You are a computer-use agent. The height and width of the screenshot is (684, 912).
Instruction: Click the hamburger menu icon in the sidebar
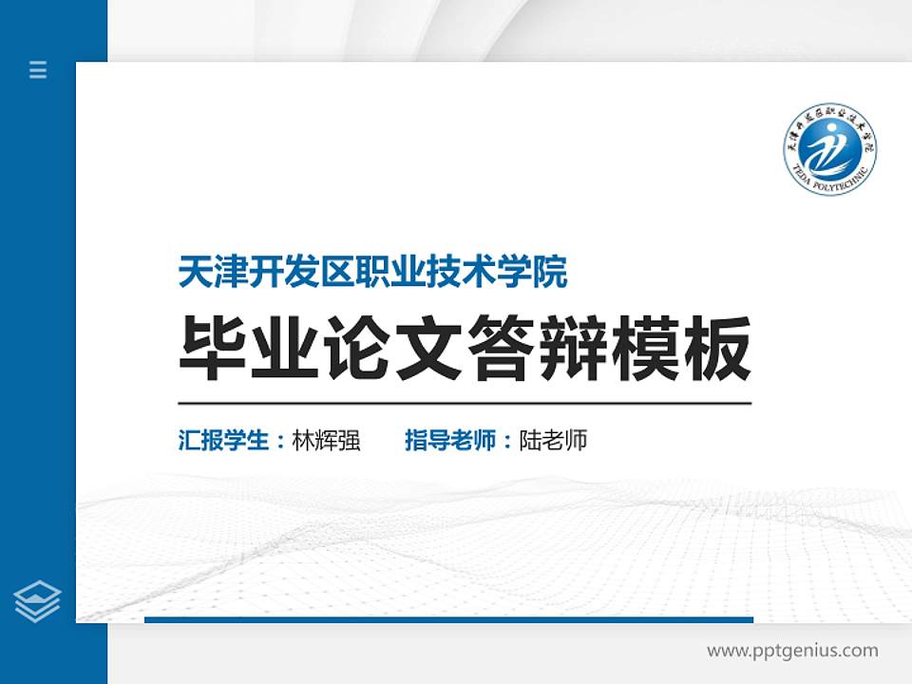38,69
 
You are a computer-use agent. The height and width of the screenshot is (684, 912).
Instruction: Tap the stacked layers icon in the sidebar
38,601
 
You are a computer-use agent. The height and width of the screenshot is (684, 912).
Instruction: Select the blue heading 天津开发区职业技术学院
372,274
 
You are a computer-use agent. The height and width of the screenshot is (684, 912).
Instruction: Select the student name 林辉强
326,441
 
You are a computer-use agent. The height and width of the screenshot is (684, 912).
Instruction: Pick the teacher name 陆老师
553,441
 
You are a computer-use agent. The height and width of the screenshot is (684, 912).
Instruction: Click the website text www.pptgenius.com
792,651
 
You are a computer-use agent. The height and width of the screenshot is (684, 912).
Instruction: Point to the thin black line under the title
465,404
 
